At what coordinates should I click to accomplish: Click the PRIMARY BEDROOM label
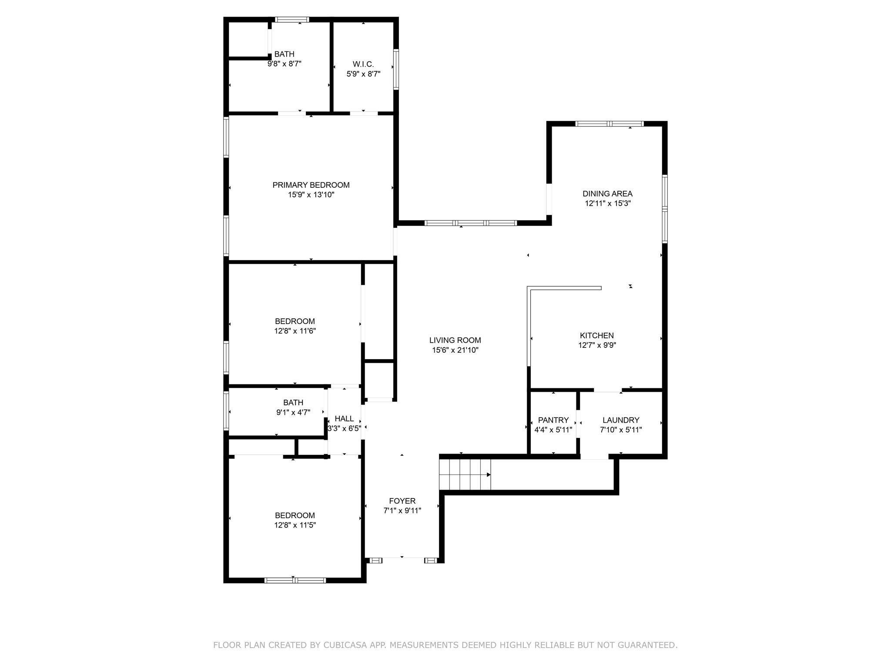click(x=311, y=185)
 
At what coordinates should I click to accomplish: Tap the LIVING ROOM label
click(x=455, y=340)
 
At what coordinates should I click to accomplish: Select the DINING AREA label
click(x=607, y=194)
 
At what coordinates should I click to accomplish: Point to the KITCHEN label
click(x=597, y=335)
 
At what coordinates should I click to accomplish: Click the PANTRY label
click(x=553, y=420)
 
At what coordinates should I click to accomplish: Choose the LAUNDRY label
click(x=621, y=420)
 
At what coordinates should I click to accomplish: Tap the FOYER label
click(x=402, y=501)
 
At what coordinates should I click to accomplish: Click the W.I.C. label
click(x=363, y=64)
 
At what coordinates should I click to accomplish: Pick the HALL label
click(x=344, y=418)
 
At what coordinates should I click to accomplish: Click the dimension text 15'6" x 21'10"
click(x=455, y=350)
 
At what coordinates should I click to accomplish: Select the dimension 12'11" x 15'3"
click(x=607, y=203)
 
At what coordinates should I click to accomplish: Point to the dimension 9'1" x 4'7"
click(x=293, y=412)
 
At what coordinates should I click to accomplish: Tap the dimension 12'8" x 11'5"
click(x=295, y=525)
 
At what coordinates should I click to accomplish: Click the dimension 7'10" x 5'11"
click(x=621, y=430)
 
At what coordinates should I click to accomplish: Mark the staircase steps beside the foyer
click(x=465, y=474)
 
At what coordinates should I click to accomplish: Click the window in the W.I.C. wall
click(x=396, y=70)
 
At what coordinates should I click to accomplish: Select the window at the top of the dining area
click(x=609, y=124)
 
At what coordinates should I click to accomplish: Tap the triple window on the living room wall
click(x=471, y=223)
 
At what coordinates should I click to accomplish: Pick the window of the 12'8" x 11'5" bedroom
click(x=295, y=580)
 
